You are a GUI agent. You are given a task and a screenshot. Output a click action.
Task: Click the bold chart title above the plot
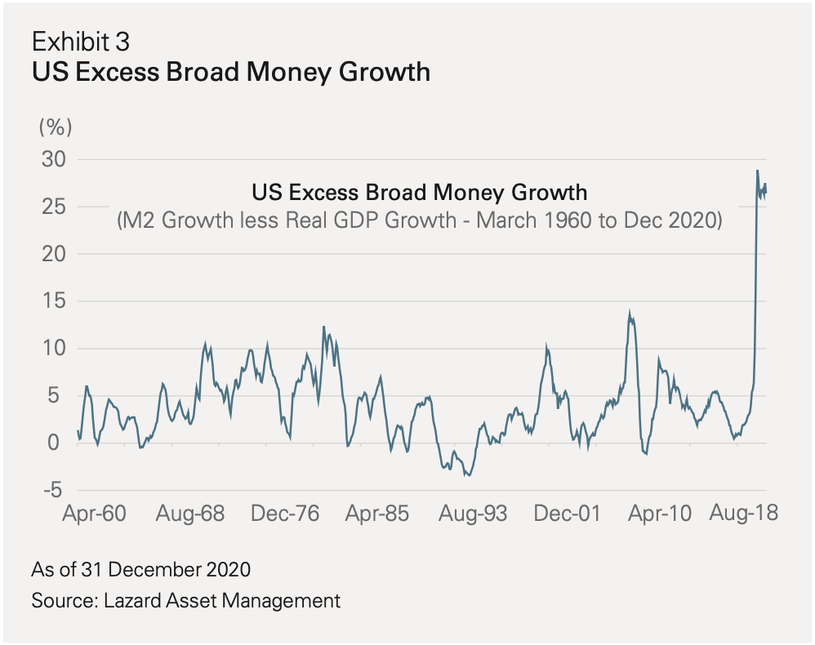[x=230, y=72]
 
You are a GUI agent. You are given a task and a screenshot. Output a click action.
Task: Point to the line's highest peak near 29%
[x=757, y=171]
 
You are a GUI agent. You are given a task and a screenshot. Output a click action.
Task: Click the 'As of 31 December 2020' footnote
[x=141, y=568]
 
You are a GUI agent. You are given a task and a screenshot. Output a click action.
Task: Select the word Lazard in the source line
[x=133, y=601]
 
